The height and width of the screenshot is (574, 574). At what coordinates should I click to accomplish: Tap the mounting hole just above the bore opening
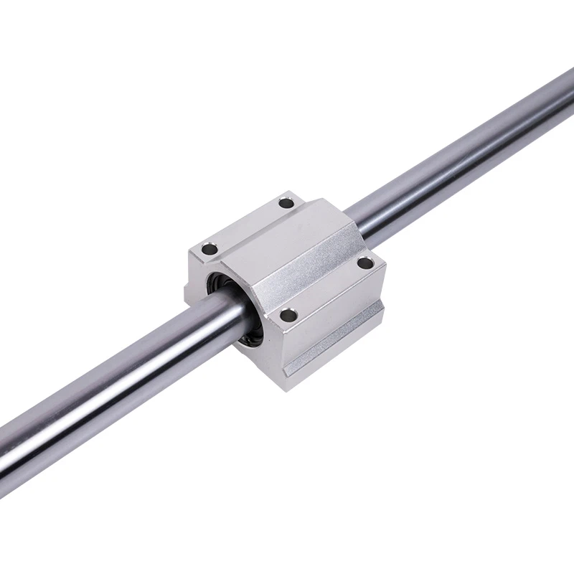209,250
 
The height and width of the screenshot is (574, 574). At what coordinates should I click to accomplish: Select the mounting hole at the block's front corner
288,314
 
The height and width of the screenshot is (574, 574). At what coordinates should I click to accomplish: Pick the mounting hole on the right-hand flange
364,263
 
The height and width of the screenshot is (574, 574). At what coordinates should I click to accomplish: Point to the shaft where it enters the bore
215,316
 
